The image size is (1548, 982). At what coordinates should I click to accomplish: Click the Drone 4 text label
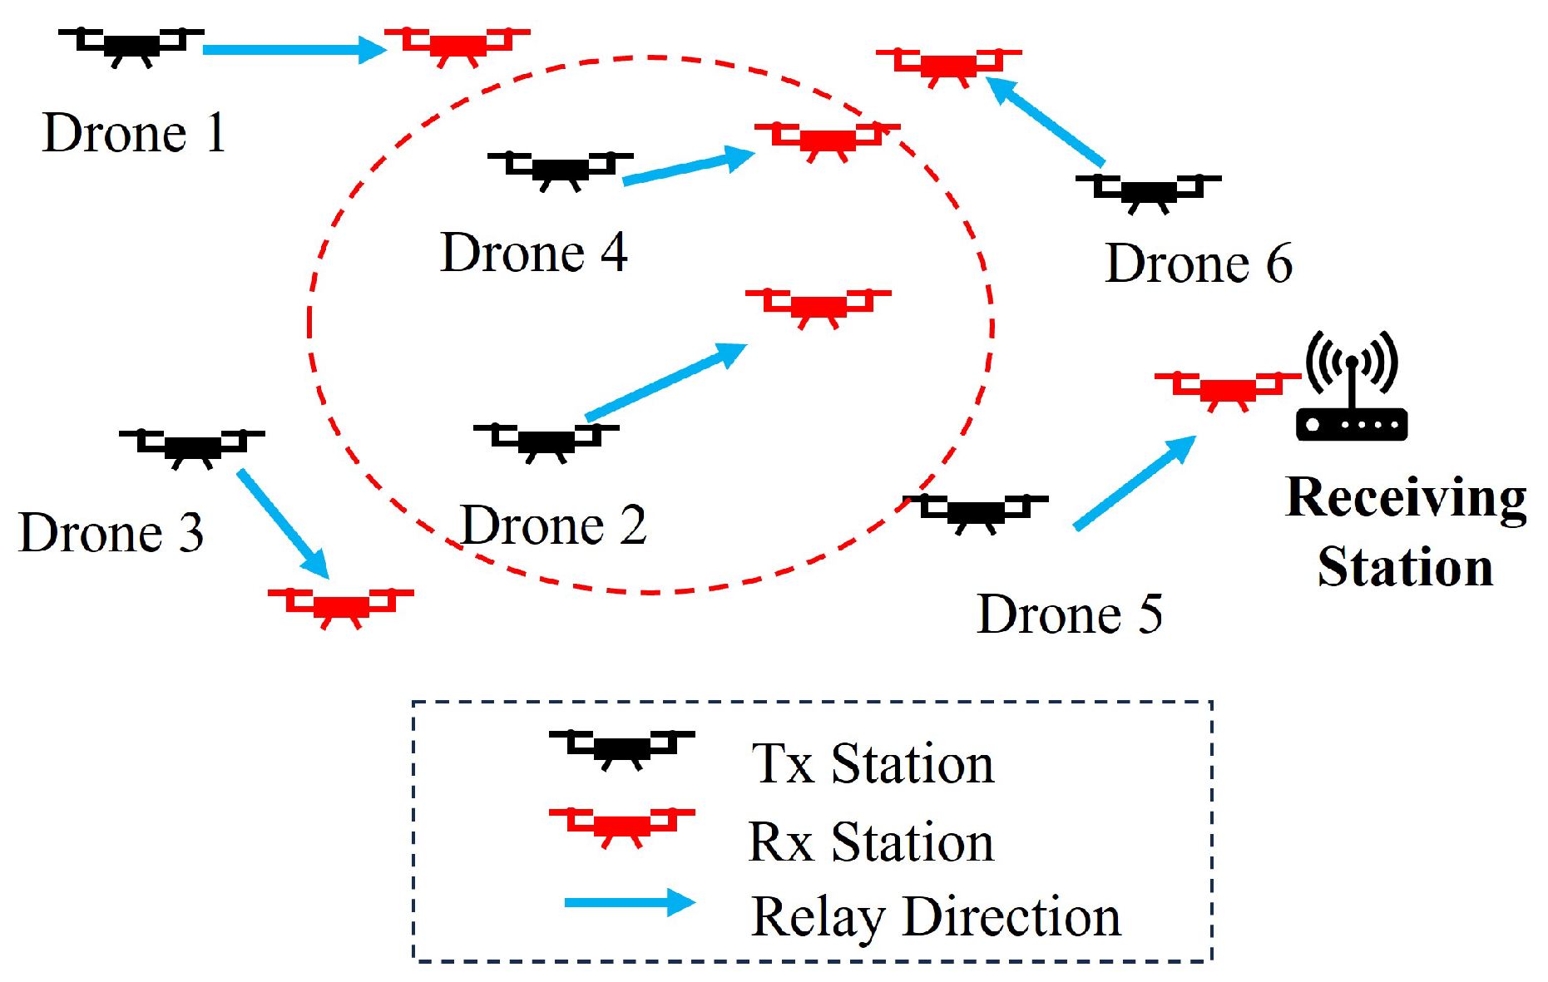pos(533,253)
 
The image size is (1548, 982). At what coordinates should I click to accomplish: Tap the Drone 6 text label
pos(1199,264)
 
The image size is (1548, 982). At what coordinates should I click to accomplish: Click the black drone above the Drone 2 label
pos(546,441)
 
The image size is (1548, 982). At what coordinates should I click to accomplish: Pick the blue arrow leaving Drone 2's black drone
pos(665,382)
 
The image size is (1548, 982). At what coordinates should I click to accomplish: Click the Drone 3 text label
pos(111,533)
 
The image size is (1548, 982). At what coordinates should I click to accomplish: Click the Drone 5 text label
pos(1069,615)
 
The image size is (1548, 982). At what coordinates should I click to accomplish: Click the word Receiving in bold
pos(1406,498)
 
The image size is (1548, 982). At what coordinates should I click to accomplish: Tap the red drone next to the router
pos(1227,389)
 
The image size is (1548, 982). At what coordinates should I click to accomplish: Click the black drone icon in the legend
pos(621,748)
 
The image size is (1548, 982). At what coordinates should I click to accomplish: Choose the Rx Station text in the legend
pos(871,842)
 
